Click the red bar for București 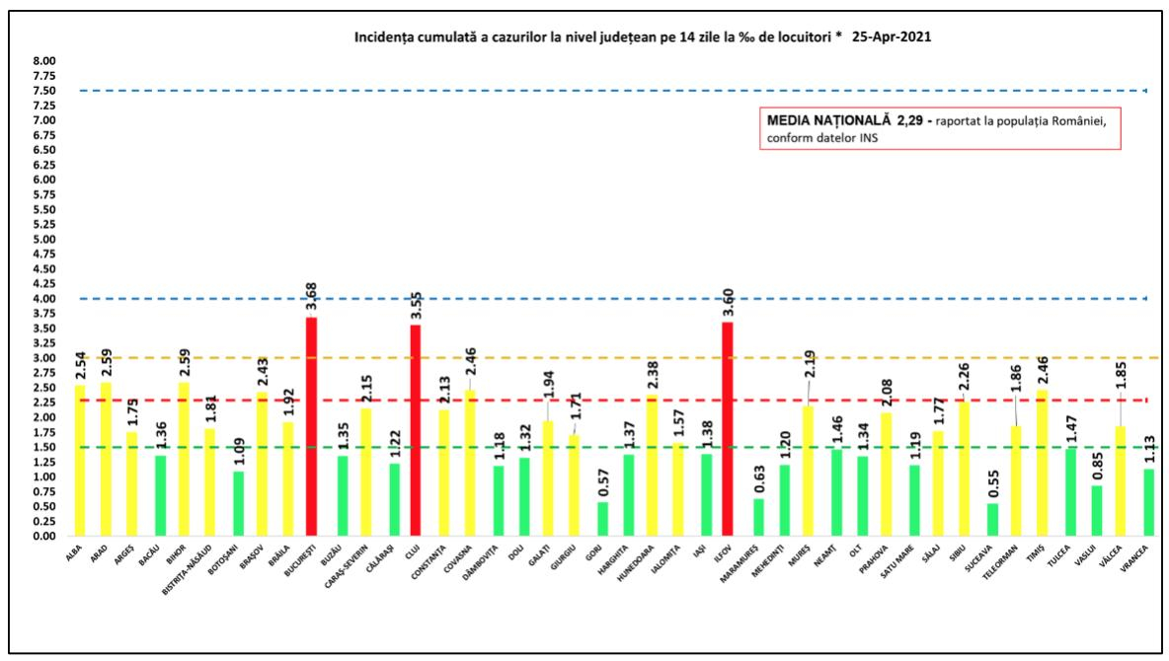point(312,426)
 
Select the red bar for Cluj point(416,430)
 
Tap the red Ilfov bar point(728,429)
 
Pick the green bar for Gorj point(602,519)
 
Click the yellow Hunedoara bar point(650,466)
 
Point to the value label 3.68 point(312,296)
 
